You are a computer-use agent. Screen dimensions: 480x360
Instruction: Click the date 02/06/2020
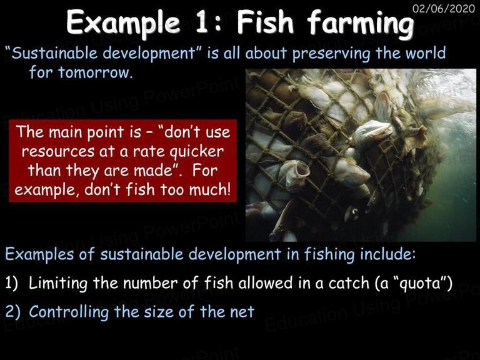444,9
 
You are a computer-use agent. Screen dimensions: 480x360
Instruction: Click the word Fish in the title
265,22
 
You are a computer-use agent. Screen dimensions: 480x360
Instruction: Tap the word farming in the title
360,24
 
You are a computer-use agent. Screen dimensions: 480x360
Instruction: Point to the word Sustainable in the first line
54,53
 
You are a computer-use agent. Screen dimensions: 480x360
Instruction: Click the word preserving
331,54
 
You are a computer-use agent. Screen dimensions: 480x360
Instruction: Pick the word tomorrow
95,72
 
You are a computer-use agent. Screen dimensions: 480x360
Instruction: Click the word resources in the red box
58,151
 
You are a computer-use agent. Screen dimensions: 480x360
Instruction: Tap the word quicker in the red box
196,151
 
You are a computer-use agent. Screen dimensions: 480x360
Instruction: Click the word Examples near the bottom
39,254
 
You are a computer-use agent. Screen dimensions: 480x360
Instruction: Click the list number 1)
12,283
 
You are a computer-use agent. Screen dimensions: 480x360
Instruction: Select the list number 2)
13,312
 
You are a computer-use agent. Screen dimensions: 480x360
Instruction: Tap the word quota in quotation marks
421,284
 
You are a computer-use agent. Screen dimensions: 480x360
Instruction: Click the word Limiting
58,283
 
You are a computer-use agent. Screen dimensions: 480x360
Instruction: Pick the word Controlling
69,312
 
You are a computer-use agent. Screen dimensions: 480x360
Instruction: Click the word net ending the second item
242,312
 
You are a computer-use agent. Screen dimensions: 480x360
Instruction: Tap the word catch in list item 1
349,283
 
